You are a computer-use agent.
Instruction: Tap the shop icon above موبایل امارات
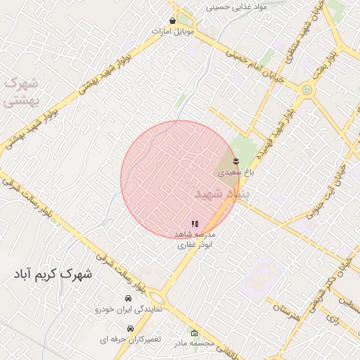[x=172, y=21]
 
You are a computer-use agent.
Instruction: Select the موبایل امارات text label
[x=172, y=32]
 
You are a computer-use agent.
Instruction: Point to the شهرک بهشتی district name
[x=19, y=91]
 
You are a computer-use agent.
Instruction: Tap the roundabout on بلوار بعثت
[x=307, y=90]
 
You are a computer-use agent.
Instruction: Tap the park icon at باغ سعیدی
[x=236, y=162]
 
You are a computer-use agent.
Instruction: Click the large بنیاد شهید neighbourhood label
[x=218, y=193]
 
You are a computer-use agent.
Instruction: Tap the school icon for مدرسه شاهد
[x=195, y=224]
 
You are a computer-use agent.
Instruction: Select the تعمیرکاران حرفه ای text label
[x=129, y=340]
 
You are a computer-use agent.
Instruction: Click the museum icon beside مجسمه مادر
[x=195, y=333]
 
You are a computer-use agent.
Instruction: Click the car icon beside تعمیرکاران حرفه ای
[x=130, y=328]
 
